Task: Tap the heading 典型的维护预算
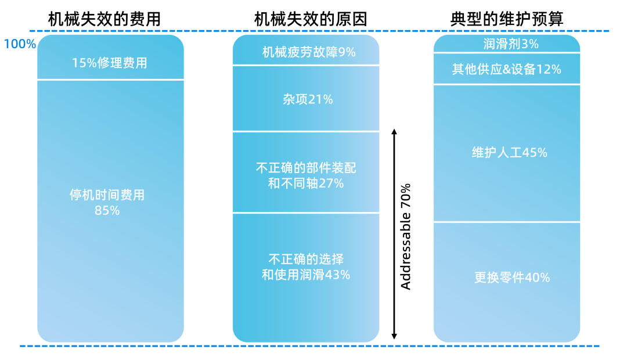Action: (x=507, y=19)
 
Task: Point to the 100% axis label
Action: (x=20, y=44)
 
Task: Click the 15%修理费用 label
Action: (x=110, y=63)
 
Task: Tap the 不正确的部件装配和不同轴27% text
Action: (x=306, y=175)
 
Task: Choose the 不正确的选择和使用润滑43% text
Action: (x=306, y=267)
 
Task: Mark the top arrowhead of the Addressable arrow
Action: (x=394, y=132)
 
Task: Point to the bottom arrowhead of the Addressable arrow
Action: (x=394, y=336)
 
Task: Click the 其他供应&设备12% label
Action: (x=506, y=70)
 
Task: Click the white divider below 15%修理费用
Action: (x=110, y=80)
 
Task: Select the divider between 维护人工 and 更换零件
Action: (x=507, y=222)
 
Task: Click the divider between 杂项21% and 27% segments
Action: (x=306, y=131)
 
